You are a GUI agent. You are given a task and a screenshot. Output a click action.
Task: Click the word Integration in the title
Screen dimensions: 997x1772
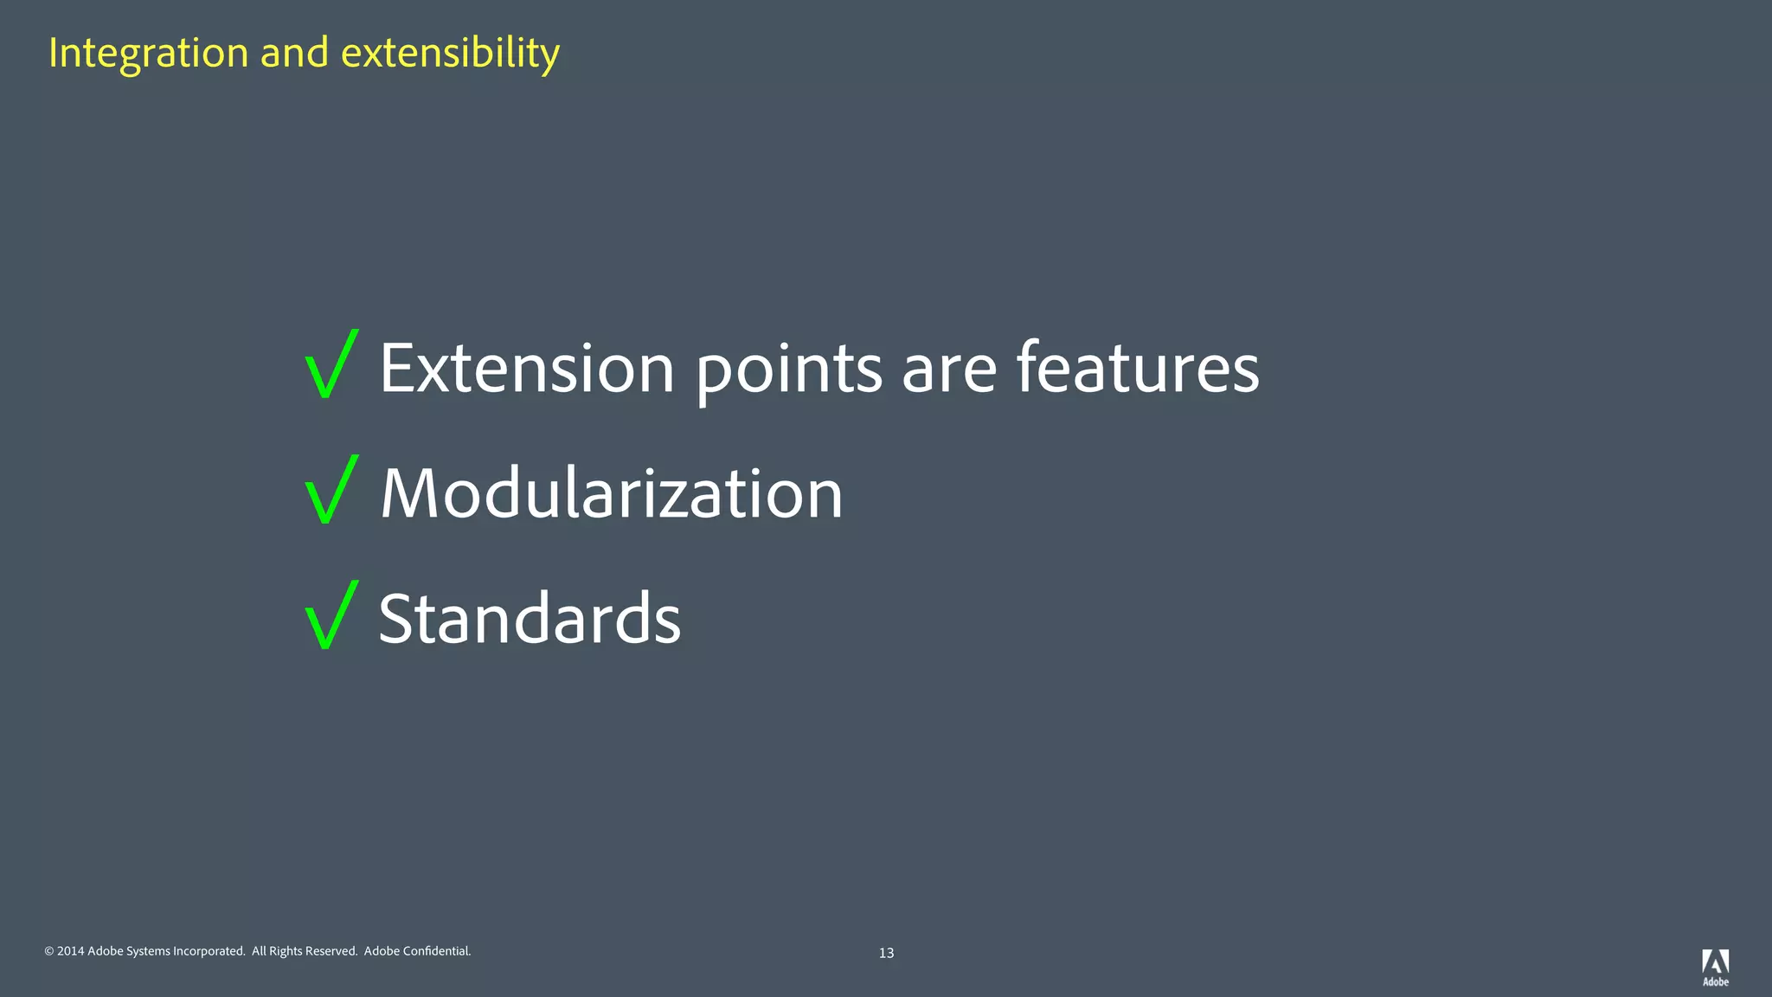149,54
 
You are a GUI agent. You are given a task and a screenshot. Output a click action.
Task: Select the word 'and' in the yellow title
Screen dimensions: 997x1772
294,54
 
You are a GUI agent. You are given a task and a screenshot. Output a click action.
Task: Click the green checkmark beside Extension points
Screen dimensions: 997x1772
331,365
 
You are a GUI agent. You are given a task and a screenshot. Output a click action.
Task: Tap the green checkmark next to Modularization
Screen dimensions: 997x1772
331,490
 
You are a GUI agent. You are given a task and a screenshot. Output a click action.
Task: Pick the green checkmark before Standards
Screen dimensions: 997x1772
331,615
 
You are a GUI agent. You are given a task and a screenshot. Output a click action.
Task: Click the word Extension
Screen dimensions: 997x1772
527,369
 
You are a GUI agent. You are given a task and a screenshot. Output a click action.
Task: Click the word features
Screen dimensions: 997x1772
1138,369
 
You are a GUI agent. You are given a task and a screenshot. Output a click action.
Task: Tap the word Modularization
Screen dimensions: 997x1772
611,493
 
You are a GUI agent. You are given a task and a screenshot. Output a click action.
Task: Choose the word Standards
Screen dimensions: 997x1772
530,619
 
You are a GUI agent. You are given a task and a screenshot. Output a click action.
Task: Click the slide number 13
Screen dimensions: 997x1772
886,953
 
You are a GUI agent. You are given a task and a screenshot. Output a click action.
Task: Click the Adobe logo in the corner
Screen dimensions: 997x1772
1715,967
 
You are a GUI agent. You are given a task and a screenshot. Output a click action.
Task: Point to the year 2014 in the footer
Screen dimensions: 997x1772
71,951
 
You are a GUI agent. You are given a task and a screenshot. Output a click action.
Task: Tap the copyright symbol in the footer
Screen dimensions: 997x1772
49,951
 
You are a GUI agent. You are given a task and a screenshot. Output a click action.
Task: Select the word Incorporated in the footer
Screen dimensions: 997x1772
209,951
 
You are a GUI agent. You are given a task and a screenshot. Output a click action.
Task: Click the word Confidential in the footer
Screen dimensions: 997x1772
437,951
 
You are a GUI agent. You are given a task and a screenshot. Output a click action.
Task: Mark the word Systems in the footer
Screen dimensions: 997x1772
148,951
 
